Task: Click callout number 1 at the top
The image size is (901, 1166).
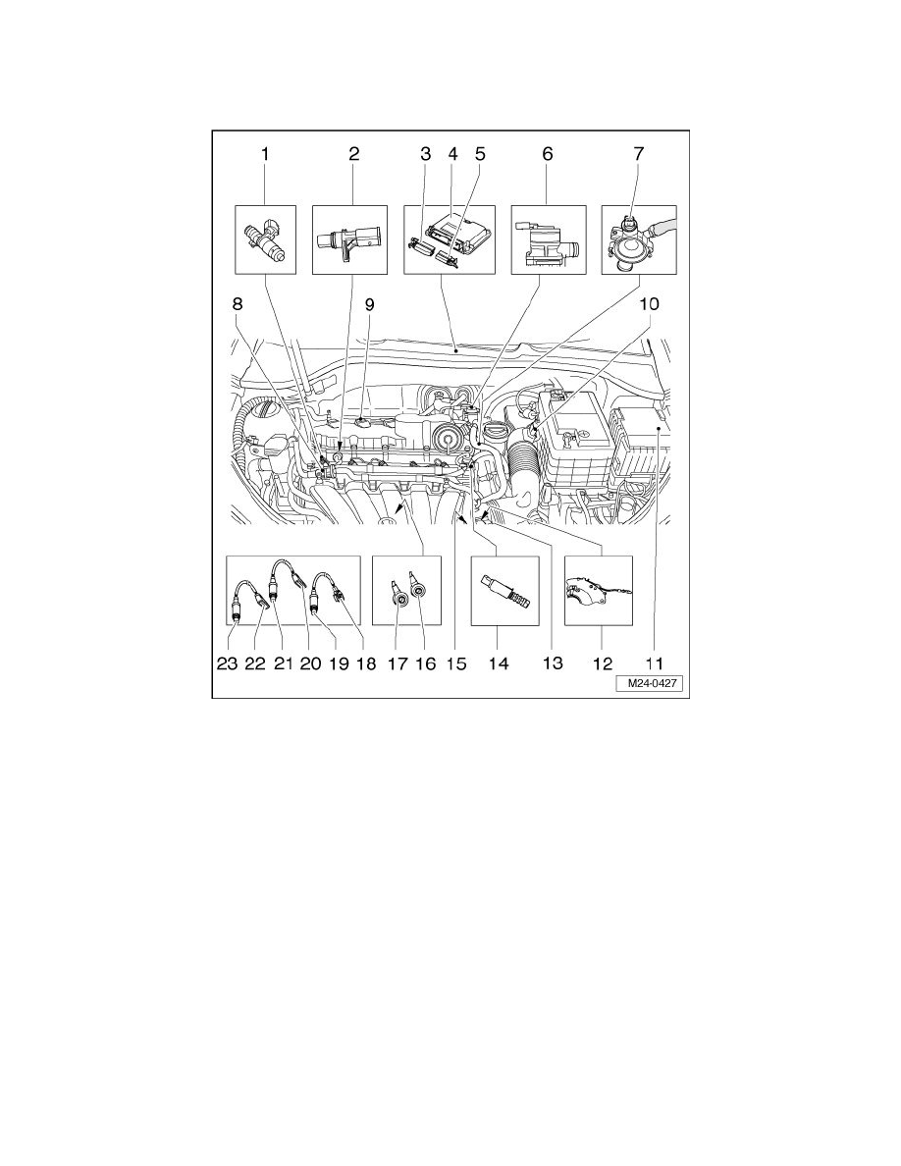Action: click(x=263, y=154)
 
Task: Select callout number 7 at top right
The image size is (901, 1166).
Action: click(x=638, y=154)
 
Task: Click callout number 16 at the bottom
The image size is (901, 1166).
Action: click(x=425, y=664)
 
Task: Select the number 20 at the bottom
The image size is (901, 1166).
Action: click(x=310, y=664)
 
